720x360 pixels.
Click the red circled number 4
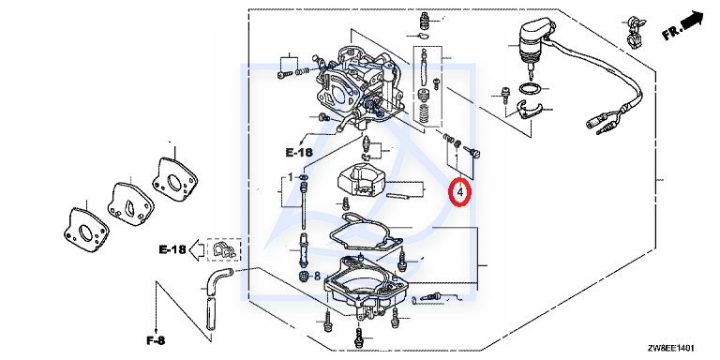[x=460, y=192]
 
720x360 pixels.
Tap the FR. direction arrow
[x=693, y=20]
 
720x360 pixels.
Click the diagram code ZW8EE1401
[x=671, y=348]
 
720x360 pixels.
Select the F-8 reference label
[x=156, y=340]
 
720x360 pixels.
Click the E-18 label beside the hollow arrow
[x=172, y=249]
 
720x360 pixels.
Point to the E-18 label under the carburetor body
[x=298, y=153]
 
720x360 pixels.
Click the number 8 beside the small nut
[x=317, y=277]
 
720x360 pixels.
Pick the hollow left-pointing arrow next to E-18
[x=197, y=250]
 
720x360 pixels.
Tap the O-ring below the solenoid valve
[x=530, y=89]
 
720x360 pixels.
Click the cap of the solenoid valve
[x=536, y=30]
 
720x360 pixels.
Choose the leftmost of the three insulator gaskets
[x=86, y=231]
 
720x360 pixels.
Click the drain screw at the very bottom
[x=360, y=337]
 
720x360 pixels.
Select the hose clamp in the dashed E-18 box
[x=225, y=249]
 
